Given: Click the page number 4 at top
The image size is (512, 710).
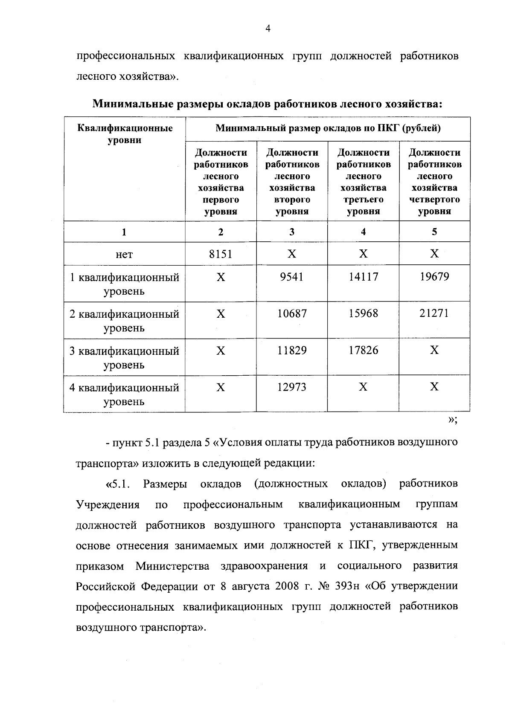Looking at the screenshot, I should coord(268,29).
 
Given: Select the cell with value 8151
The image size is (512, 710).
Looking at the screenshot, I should coord(221,254).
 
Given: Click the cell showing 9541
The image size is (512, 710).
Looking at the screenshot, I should coord(292,277).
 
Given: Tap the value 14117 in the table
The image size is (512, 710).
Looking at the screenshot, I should coord(363,277).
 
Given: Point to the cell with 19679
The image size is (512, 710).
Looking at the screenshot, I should coord(434,277).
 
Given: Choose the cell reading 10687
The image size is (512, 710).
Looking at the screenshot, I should coord(292,313).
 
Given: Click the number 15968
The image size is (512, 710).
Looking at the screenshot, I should coord(363,313).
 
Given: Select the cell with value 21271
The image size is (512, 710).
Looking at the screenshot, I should coord(434,313).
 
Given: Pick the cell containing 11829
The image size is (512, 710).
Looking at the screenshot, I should coord(292,350).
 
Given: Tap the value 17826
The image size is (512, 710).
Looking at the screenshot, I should coord(363,350).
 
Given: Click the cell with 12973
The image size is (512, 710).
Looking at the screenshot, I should coord(292,387).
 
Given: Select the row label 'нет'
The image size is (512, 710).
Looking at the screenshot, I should coord(124,255).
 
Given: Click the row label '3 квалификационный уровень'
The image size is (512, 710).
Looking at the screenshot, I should coord(124,357).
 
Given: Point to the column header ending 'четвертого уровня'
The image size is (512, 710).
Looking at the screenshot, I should coord(434,182).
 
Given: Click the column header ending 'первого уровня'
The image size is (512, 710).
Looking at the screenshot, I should coord(221,182).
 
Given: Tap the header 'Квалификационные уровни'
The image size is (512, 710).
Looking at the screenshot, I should coord(125,133).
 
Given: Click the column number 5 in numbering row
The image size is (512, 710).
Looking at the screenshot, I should coord(434,232).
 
